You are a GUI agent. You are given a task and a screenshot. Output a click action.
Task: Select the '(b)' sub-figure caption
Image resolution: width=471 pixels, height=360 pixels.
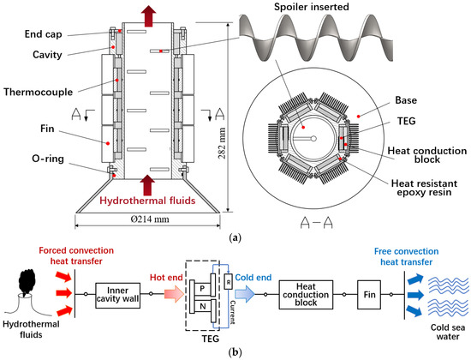point(235,351)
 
